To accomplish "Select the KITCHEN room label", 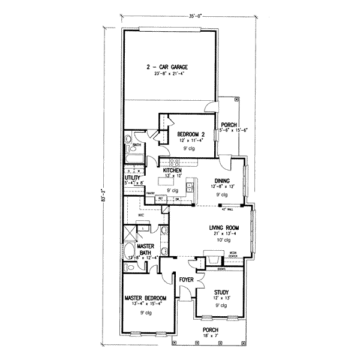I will click(172, 171).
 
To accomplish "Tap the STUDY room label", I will click(220, 292).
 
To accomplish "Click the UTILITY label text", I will click(133, 178).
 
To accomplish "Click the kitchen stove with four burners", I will click(175, 162).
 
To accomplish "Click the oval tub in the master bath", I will click(130, 250).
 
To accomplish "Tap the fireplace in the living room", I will click(214, 260).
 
